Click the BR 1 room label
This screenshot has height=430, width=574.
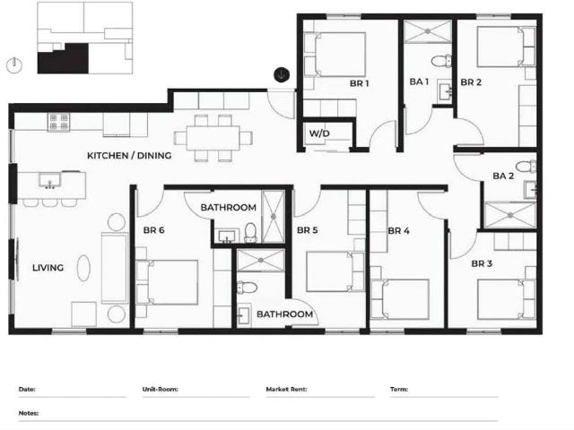pos(359,83)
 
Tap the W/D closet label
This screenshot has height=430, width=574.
pos(319,133)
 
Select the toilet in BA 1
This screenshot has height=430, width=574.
pos(441,61)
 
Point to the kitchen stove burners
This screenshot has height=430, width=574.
pos(58,122)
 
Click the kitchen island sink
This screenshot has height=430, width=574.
pos(49,181)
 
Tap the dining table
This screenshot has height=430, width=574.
pos(213,138)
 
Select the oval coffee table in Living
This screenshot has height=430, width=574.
pos(83,268)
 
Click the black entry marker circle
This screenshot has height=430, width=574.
pos(282,75)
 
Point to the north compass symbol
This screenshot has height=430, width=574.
pos(14,65)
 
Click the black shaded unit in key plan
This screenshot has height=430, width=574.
pos(63,59)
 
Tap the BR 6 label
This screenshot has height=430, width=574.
pos(153,230)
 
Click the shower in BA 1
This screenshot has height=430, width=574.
pos(428,32)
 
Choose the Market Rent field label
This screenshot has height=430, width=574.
pos(286,390)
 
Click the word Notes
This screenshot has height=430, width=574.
pos(29,413)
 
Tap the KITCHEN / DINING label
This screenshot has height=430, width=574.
pos(129,155)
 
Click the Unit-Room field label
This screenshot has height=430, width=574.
pos(160,390)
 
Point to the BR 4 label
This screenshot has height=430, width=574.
pos(398,231)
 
